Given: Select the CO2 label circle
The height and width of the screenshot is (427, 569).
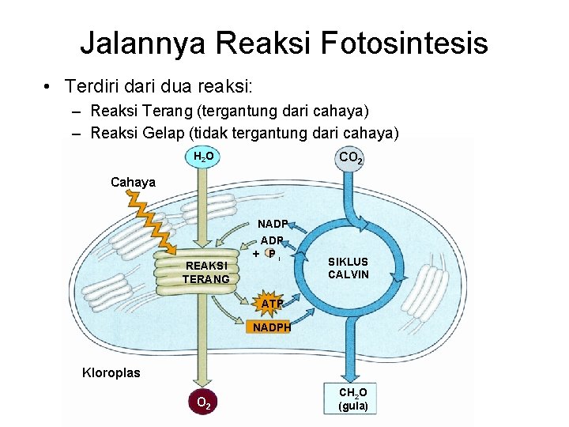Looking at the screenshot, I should (x=351, y=159).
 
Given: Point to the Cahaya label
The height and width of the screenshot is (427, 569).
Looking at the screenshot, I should (x=133, y=183).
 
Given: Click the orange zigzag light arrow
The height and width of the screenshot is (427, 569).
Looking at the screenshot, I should (x=150, y=222).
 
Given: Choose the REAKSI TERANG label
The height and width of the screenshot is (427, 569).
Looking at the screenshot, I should (x=205, y=272).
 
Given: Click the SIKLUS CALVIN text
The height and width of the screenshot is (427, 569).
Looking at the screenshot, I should (x=349, y=267).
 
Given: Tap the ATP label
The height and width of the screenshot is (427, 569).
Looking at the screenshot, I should (x=272, y=303).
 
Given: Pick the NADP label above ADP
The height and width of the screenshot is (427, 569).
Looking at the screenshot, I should (x=273, y=224).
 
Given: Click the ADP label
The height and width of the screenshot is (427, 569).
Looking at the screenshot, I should (x=272, y=240).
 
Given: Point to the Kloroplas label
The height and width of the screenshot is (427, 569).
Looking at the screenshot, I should (x=111, y=372).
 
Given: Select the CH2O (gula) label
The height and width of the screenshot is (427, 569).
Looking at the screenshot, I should (x=352, y=399).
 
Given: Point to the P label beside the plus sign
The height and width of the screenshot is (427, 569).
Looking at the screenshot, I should (x=271, y=255).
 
